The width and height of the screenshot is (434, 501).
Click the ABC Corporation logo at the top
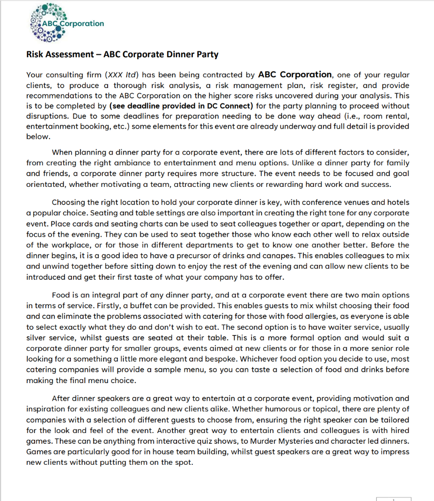66,23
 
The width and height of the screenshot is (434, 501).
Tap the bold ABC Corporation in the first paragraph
295,75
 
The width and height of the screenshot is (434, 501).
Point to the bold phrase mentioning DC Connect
181,106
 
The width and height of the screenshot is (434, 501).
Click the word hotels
395,203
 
